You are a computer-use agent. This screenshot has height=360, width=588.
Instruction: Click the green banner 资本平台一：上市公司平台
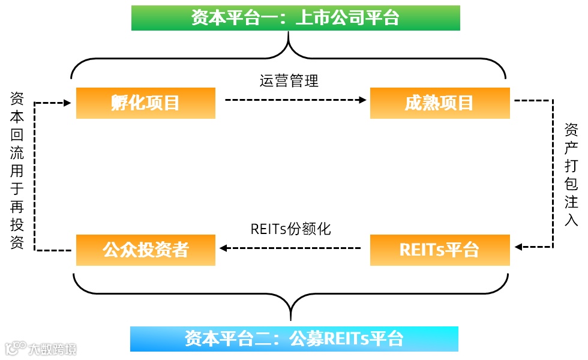coord(295,18)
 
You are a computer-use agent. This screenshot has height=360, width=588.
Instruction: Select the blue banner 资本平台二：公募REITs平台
coord(294,338)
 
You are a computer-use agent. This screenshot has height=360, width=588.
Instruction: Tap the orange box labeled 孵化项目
coord(145,103)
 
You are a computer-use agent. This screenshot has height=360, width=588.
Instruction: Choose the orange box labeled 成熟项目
coord(439,103)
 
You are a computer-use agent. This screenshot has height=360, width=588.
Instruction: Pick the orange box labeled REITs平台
coord(439,250)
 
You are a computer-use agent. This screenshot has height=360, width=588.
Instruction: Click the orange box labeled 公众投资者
coord(145,250)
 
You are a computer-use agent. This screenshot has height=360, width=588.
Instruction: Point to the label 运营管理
coord(289,81)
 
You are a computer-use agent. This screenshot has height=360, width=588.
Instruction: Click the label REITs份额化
coord(290,229)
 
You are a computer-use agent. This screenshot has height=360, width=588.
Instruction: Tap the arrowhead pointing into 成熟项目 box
coord(362,100)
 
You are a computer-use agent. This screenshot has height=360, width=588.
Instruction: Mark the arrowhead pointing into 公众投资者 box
coord(221,247)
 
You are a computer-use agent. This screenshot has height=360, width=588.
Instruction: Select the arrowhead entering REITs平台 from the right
coord(518,247)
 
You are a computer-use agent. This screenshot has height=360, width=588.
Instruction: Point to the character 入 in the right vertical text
coord(571,220)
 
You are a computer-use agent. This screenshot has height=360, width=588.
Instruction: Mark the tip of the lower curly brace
coord(291,319)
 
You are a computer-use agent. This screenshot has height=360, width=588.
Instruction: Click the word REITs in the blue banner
coord(347,338)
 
